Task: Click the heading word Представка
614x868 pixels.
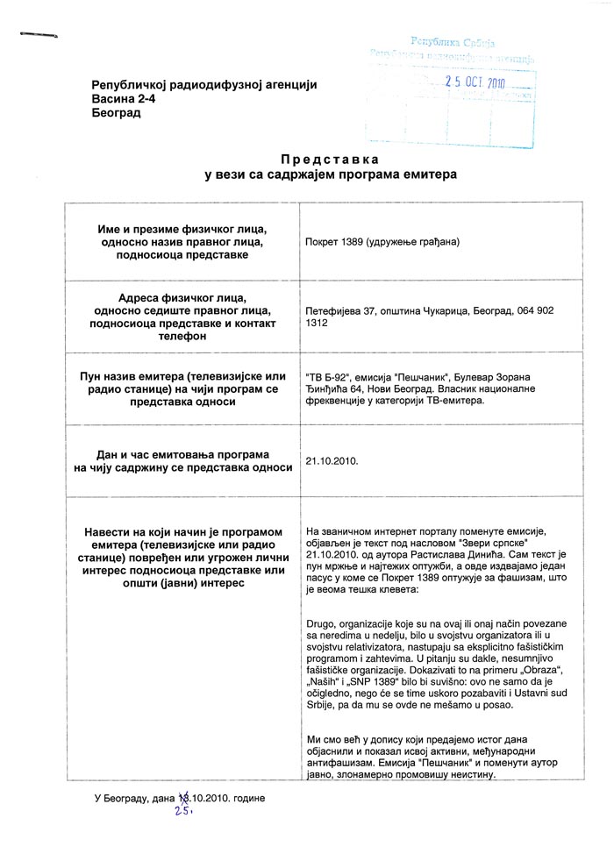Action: point(330,160)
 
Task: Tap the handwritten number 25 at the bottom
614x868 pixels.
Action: point(183,810)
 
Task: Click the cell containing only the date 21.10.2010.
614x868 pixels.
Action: point(332,459)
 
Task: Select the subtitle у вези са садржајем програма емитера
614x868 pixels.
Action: point(331,174)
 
